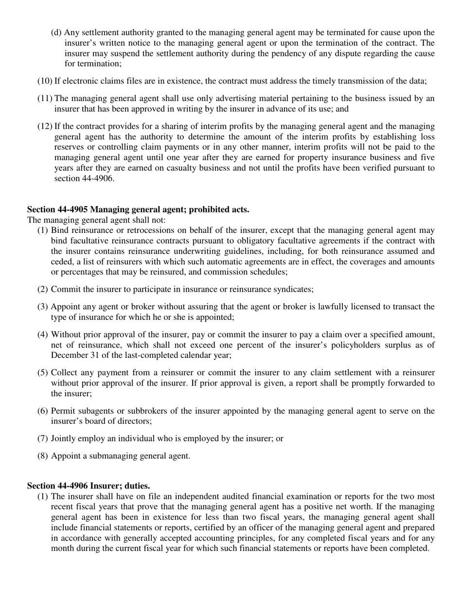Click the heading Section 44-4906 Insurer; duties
tap(88, 486)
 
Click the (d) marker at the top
tap(56, 33)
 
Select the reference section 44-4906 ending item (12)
tap(84, 178)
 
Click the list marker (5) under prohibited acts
tap(43, 373)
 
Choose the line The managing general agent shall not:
tap(96, 220)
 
